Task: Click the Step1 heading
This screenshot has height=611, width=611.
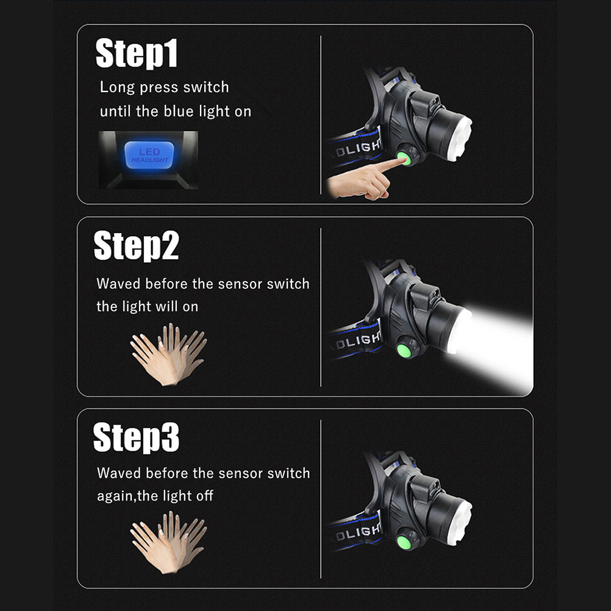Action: click(137, 53)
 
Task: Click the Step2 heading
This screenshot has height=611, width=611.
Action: click(137, 245)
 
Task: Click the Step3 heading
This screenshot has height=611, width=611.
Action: click(137, 437)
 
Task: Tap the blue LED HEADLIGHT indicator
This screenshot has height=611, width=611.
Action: click(149, 155)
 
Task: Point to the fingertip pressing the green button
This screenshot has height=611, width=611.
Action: click(401, 160)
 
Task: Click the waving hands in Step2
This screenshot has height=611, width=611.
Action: click(169, 354)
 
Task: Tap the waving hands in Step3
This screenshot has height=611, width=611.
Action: click(169, 543)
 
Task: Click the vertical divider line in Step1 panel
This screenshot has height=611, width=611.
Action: click(321, 115)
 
